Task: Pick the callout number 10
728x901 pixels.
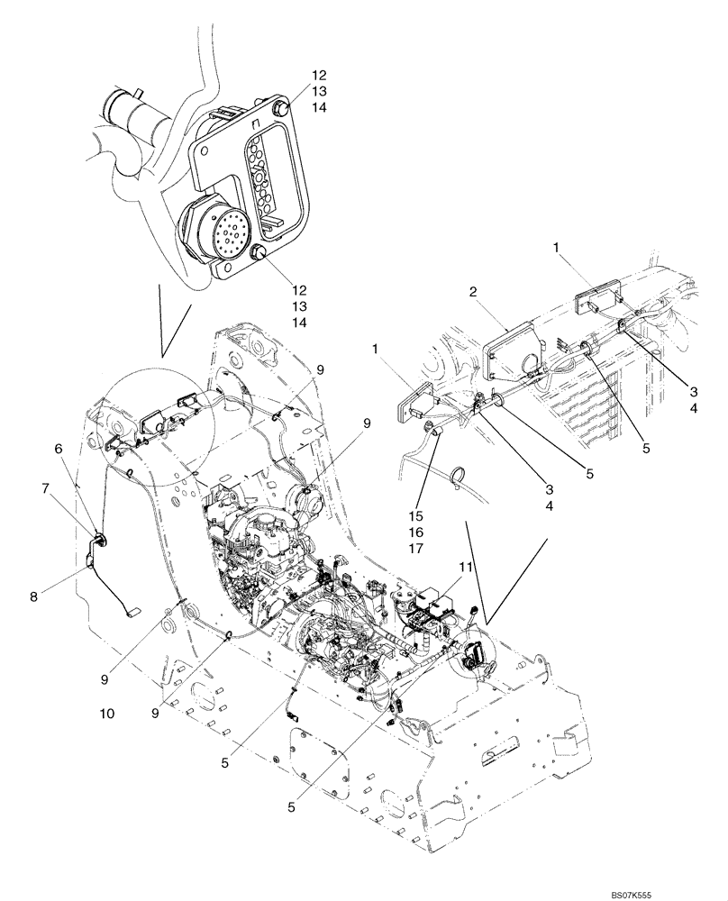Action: [x=108, y=713]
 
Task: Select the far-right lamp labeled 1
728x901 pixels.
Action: [x=597, y=297]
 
